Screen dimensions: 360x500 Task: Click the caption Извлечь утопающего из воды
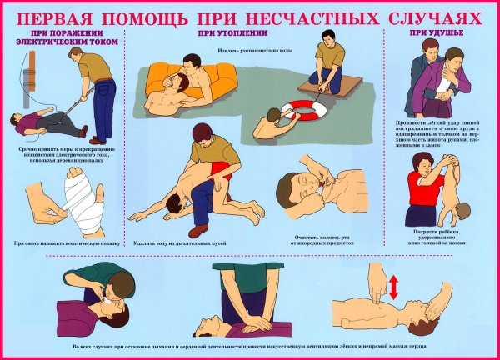click(x=255, y=52)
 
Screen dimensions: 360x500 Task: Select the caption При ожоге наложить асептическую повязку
click(x=62, y=243)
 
